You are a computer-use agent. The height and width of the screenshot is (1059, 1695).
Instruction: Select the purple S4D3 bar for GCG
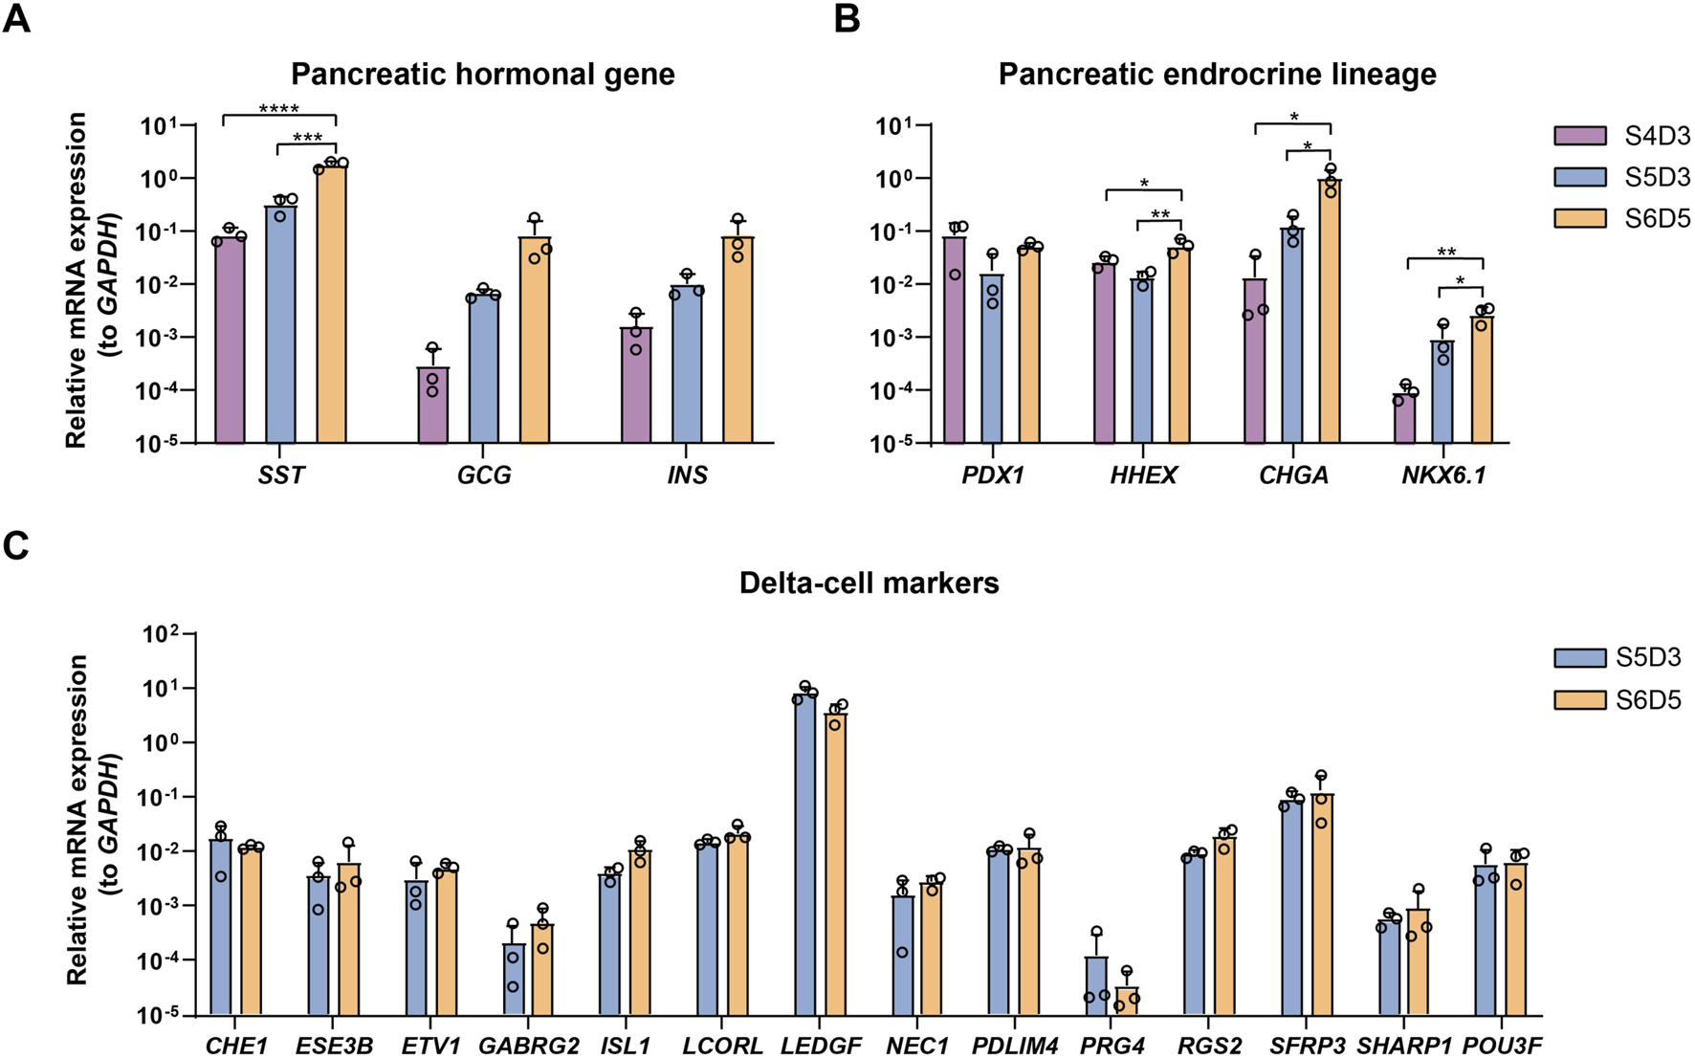coord(432,406)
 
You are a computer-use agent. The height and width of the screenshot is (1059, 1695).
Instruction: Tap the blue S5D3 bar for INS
coord(687,364)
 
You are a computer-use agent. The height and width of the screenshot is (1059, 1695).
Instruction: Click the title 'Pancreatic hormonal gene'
coord(483,75)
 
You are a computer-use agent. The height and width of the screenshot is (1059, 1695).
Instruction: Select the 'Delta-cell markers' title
coord(869,583)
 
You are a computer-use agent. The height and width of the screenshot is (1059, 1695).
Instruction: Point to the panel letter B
coord(847,18)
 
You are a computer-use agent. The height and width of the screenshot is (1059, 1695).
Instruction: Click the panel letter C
coord(16,545)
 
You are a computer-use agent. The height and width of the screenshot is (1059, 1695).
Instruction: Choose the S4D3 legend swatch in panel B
coord(1579,136)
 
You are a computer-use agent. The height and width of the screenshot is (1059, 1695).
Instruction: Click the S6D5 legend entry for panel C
coord(1579,700)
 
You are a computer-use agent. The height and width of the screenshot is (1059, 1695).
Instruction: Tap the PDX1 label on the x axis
coord(993,475)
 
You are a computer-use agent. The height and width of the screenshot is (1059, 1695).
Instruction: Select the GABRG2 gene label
coord(528,1046)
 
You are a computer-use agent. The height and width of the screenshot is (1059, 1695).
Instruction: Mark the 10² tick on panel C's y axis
coord(155,634)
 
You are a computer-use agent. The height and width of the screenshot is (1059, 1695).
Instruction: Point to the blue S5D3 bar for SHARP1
coord(1389,967)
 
